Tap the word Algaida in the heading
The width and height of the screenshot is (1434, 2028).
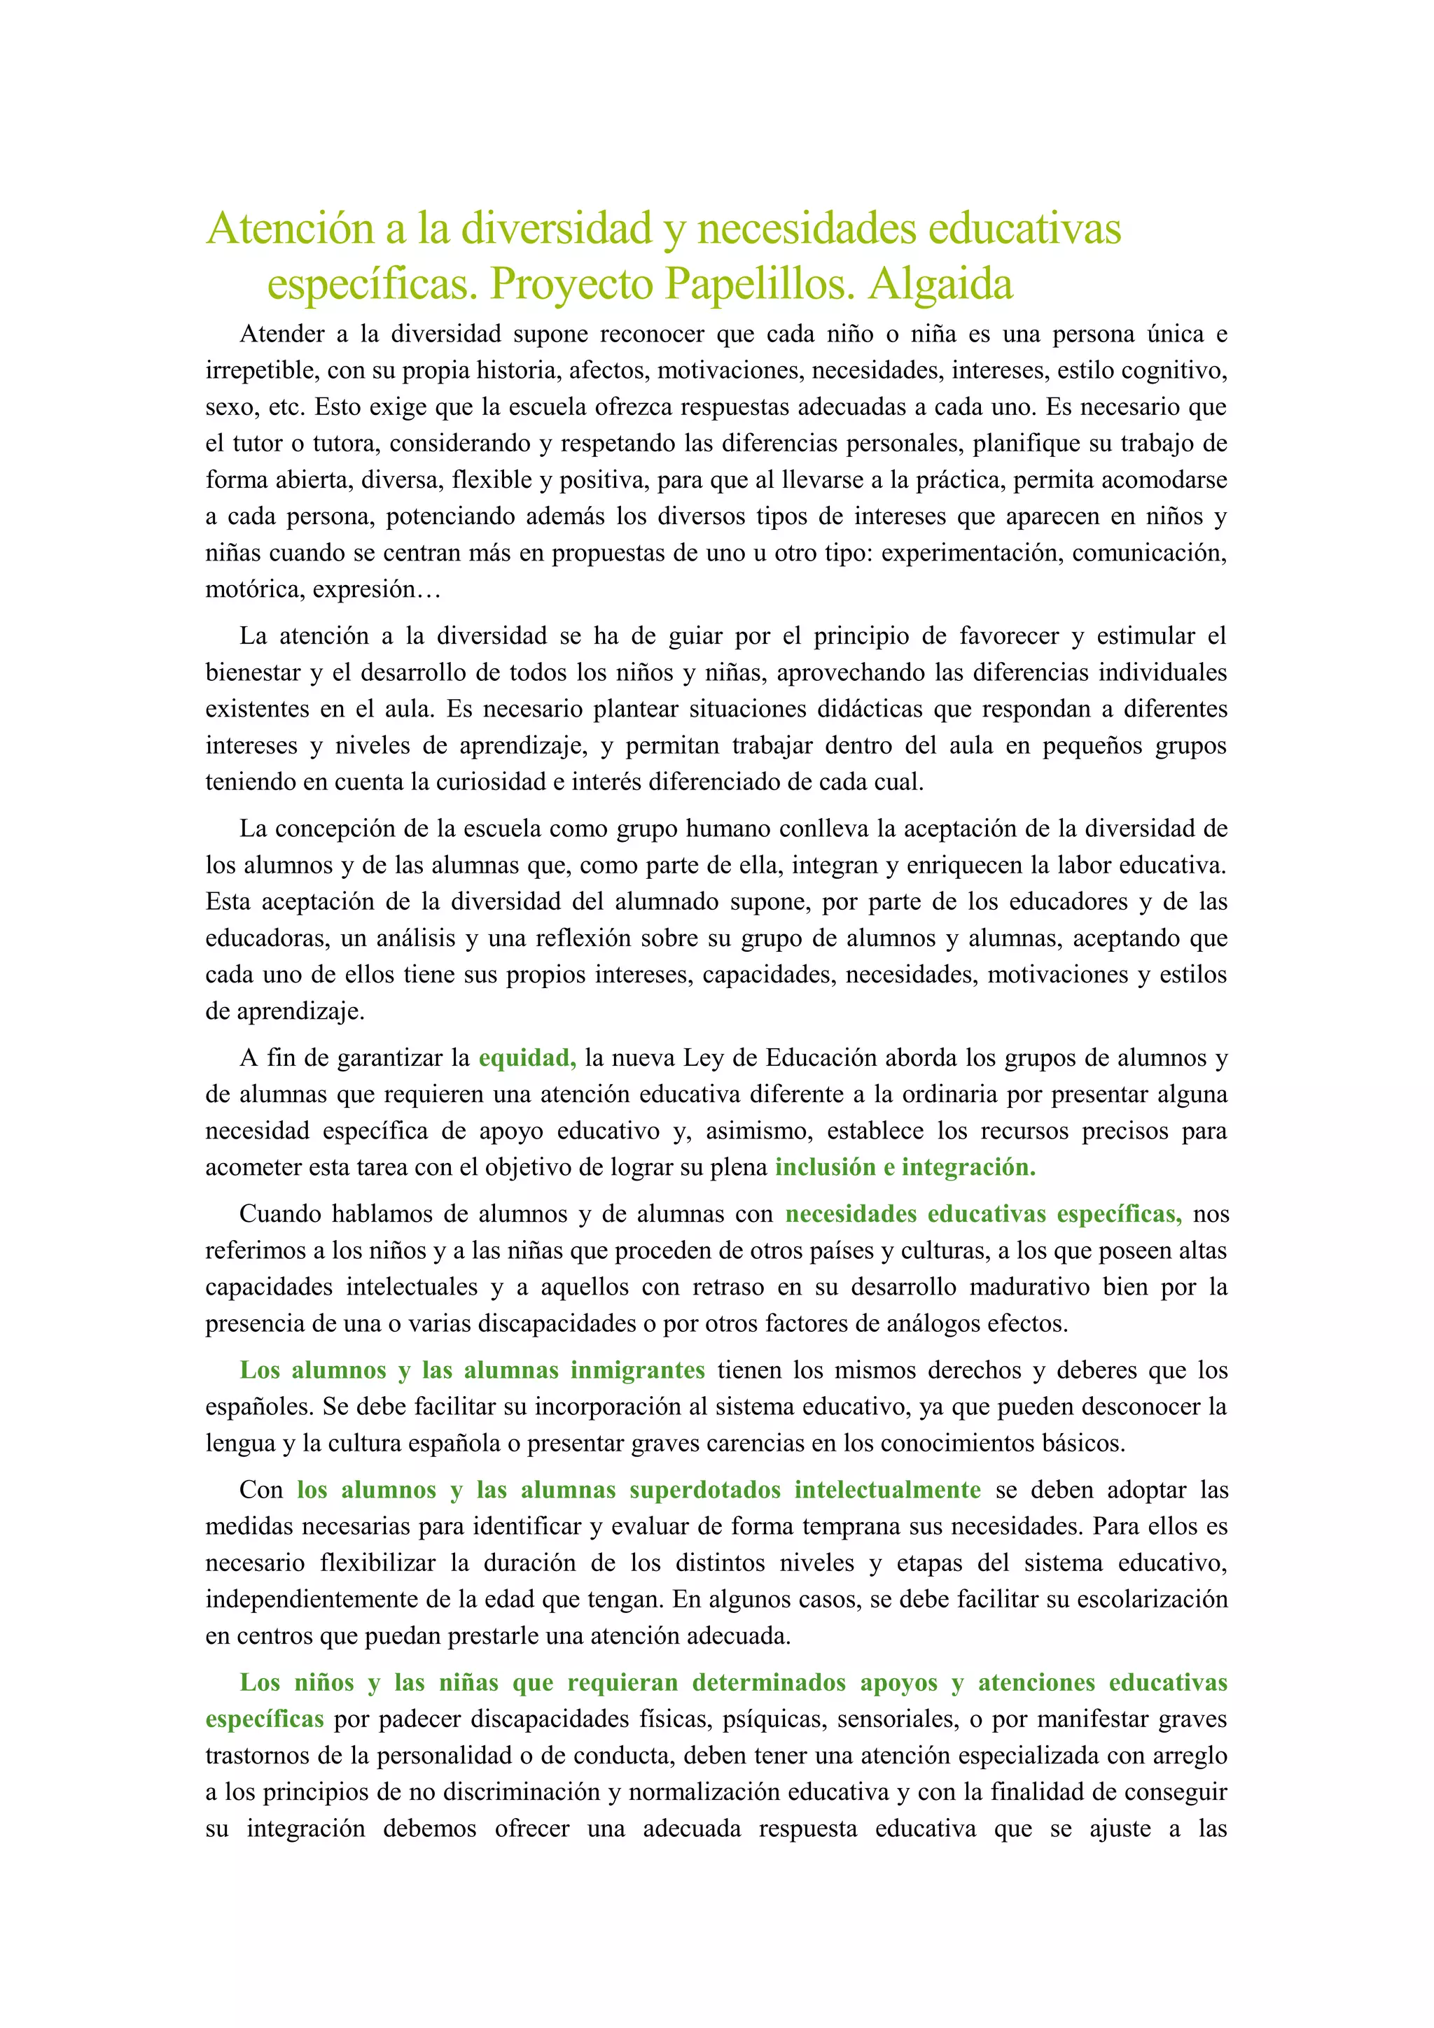[x=940, y=284]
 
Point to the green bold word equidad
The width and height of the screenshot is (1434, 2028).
[x=527, y=1057]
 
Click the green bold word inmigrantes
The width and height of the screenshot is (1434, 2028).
[x=637, y=1370]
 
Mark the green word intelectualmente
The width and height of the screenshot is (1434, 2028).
[x=887, y=1490]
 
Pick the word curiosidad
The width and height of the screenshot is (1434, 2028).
[x=487, y=782]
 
